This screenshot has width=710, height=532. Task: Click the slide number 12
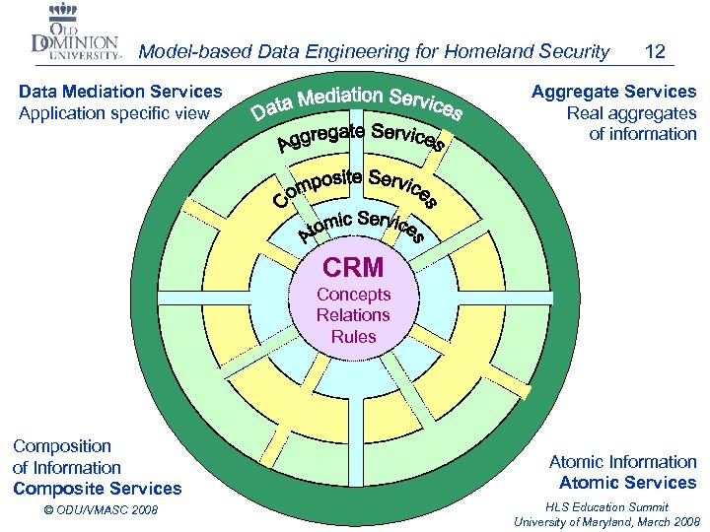tap(654, 51)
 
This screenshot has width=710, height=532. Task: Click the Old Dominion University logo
tap(75, 35)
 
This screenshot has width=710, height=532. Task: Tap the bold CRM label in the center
tap(353, 267)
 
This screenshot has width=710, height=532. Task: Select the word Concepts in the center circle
tap(353, 294)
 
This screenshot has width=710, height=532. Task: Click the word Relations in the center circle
tap(353, 315)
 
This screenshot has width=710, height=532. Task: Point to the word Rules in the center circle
tap(353, 336)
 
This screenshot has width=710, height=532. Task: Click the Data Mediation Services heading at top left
tap(120, 92)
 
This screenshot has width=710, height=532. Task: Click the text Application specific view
tap(114, 113)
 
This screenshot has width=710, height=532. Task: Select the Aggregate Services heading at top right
tap(613, 92)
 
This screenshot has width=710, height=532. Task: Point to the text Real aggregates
tap(631, 113)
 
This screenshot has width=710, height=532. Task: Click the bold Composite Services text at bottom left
tap(98, 489)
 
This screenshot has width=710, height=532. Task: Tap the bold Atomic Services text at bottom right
tap(627, 483)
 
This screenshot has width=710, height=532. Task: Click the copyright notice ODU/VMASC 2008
tap(102, 509)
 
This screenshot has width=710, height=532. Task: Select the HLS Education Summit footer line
tap(606, 507)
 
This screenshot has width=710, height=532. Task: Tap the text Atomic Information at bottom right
tap(622, 462)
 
